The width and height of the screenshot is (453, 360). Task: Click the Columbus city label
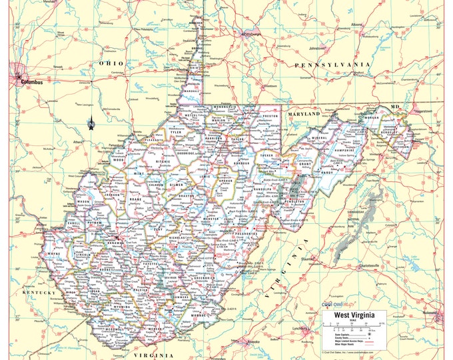[31, 82]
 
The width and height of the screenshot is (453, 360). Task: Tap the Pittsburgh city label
[251, 33]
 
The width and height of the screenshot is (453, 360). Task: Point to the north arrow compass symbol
[110, 121]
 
